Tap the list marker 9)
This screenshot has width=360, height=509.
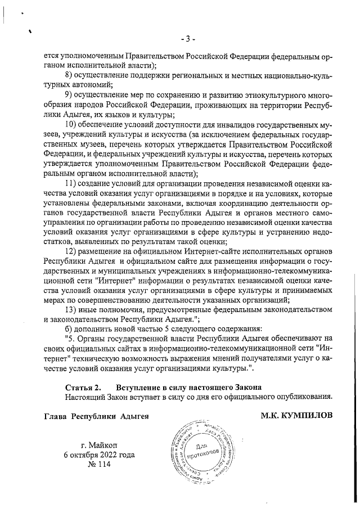coord(69,94)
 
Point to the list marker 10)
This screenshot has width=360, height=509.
coord(71,124)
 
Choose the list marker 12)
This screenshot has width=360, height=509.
coord(71,251)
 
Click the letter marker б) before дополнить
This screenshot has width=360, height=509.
coord(69,328)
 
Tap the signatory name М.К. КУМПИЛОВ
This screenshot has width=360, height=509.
coord(296,417)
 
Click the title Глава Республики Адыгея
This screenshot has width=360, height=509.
coord(96,417)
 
